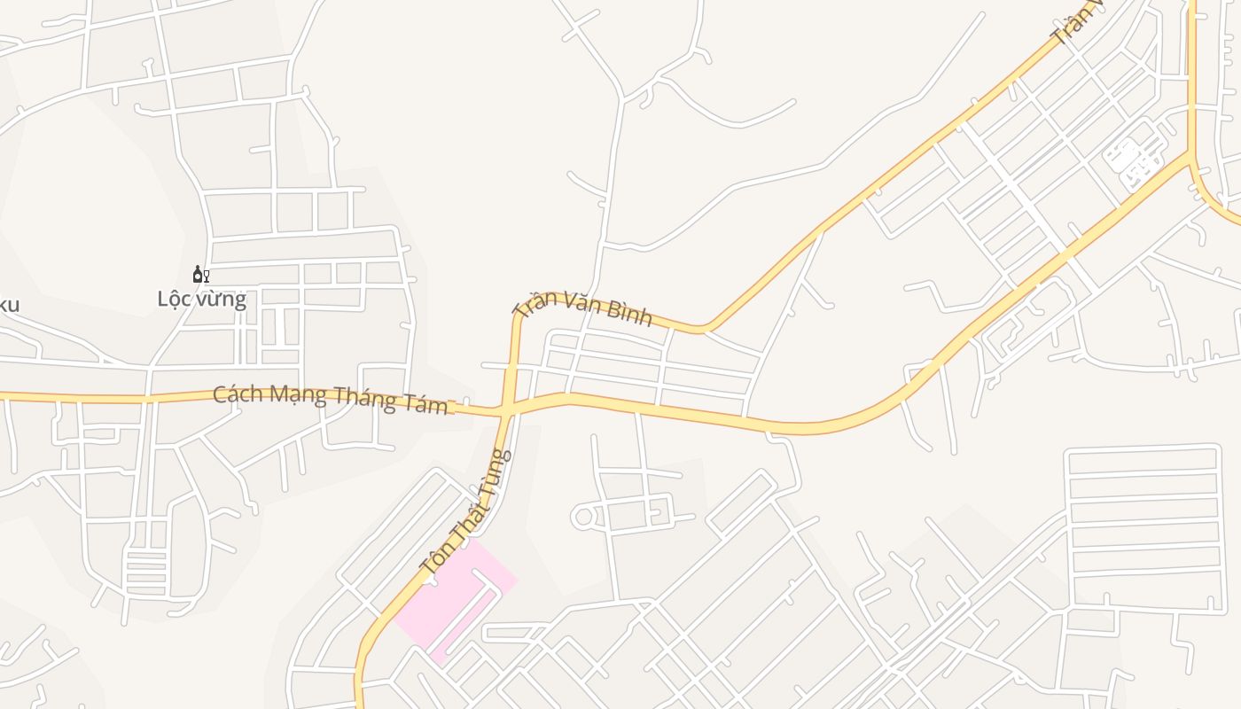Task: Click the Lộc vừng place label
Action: click(x=201, y=299)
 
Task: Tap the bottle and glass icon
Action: click(x=201, y=275)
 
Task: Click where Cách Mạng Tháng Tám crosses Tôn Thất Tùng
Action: click(x=506, y=410)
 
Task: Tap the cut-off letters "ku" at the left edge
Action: click(x=8, y=306)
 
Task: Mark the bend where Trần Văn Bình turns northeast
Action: click(x=705, y=330)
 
